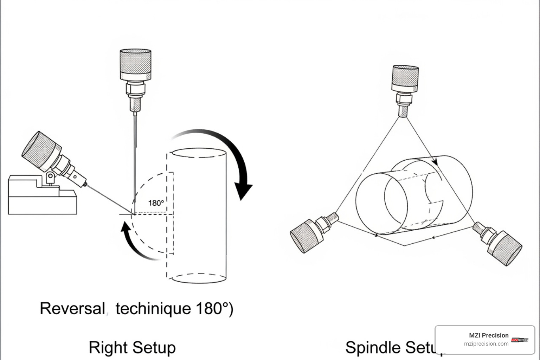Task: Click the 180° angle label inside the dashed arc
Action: tap(156, 203)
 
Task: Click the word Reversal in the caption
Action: tap(72, 308)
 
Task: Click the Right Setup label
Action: tap(132, 347)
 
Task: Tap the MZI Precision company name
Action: tap(488, 335)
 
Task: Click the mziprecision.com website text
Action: tap(486, 344)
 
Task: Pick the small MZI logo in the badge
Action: tap(520, 340)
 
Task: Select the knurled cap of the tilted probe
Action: tap(40, 150)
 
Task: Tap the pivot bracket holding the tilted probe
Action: tap(51, 178)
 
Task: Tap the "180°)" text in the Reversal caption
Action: tap(214, 308)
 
